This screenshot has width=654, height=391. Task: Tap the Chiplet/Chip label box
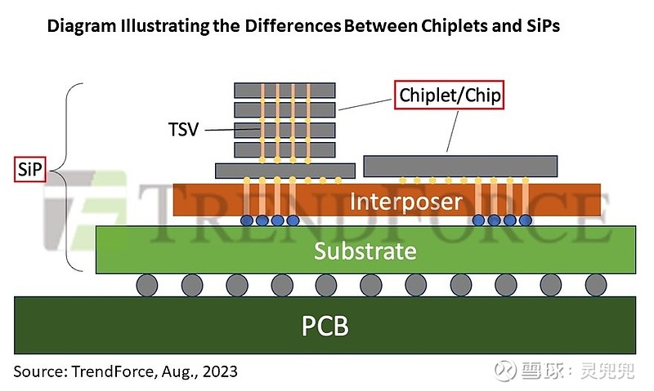tap(448, 96)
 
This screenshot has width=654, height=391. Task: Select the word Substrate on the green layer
tap(365, 251)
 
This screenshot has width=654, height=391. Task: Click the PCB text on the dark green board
tap(325, 327)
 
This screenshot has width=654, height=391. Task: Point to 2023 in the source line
tap(217, 371)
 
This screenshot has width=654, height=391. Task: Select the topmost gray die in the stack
tap(284, 90)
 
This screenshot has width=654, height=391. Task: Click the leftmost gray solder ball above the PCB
tap(147, 285)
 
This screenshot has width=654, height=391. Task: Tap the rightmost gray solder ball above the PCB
tap(596, 285)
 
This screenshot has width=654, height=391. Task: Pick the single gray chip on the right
tap(461, 166)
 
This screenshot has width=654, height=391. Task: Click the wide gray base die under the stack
tap(284, 170)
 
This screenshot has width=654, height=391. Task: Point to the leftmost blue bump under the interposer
tap(248, 220)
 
